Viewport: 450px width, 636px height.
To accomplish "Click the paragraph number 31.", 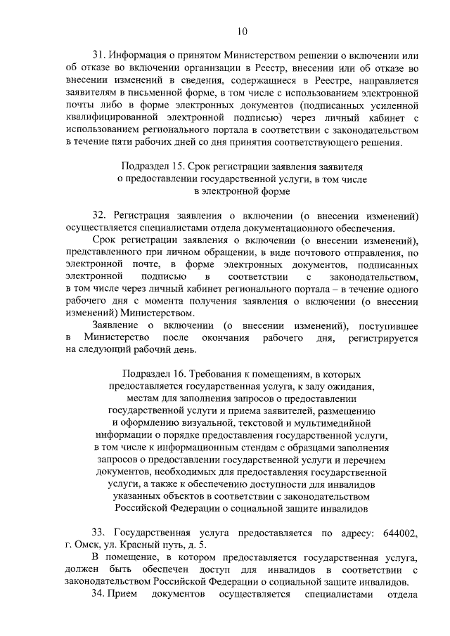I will click(98, 56).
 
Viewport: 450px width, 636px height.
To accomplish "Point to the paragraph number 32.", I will click(98, 214).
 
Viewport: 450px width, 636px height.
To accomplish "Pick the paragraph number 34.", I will click(98, 595).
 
